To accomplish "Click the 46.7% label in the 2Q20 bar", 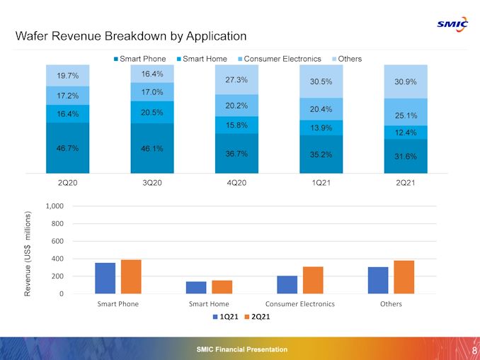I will (67, 148).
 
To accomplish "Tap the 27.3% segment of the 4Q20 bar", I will (236, 80).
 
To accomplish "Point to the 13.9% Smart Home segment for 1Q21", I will (321, 128).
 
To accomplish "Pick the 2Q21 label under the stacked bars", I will (405, 183).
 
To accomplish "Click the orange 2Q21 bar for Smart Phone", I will (131, 276).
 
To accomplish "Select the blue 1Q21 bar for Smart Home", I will (196, 287).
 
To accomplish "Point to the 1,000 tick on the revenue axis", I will (55, 206).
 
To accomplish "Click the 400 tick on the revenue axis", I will (57, 259).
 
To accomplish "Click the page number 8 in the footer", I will (473, 350).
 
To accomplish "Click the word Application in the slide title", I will (212, 36).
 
